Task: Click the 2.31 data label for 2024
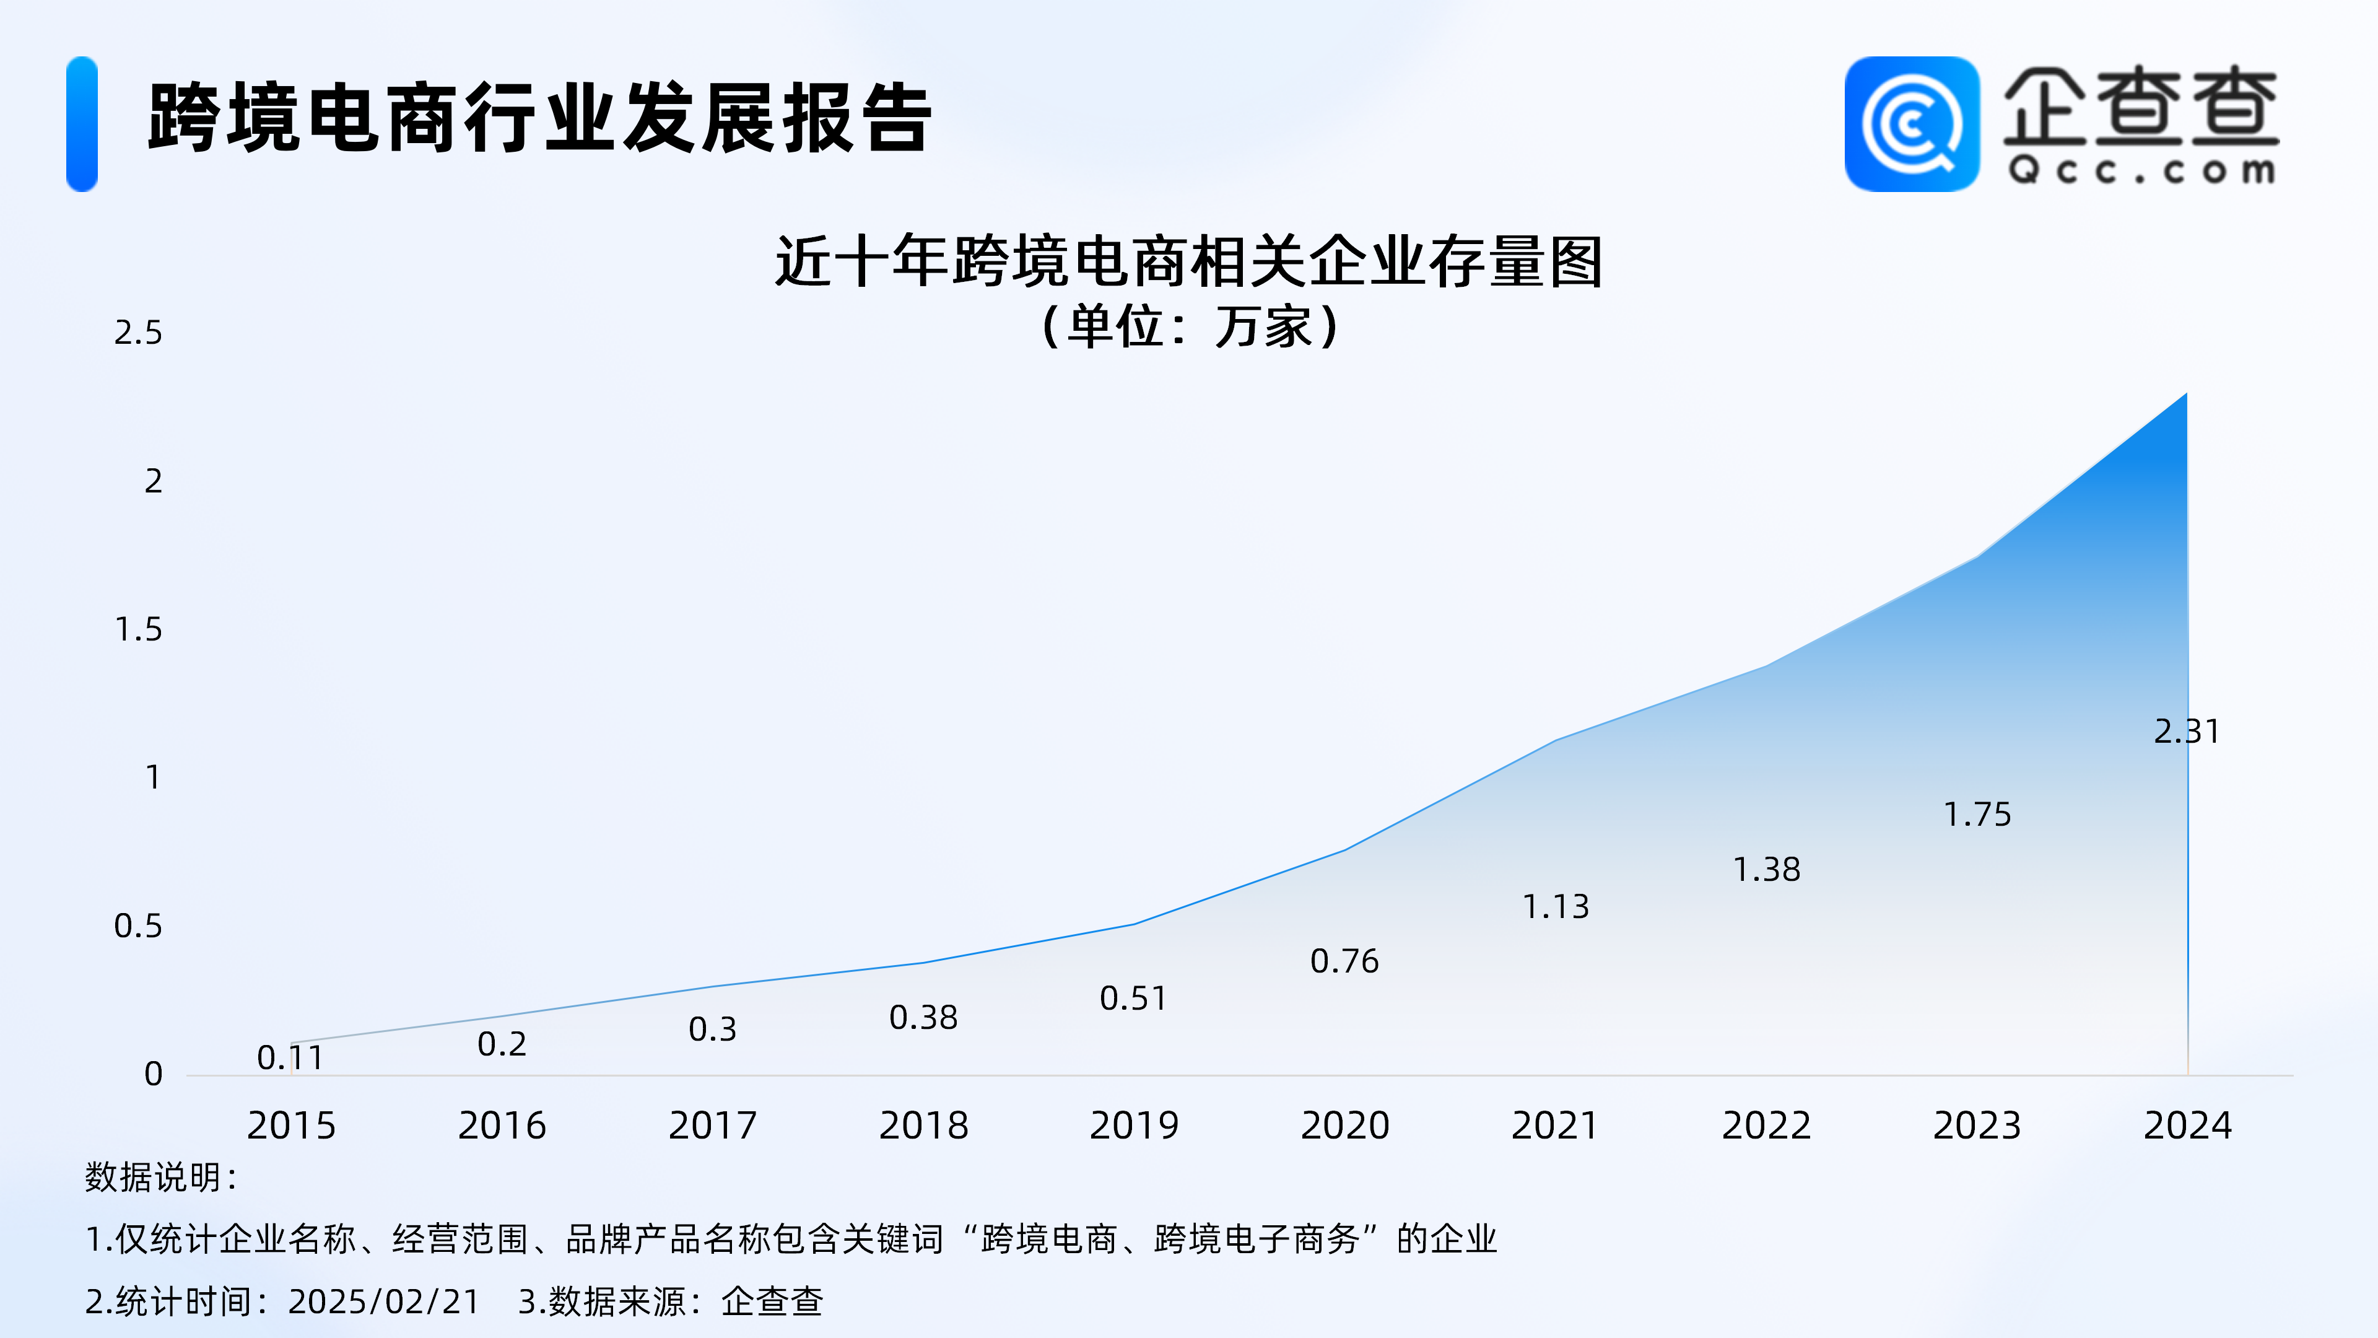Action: (x=2186, y=732)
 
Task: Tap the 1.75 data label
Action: (x=1977, y=815)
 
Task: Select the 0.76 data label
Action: (x=1344, y=961)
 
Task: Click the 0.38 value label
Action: (x=923, y=1018)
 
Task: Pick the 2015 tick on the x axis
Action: (x=291, y=1126)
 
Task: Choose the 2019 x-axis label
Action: (x=1134, y=1126)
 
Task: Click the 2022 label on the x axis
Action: (x=1766, y=1126)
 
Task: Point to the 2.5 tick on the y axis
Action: (x=137, y=333)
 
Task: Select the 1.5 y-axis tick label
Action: (x=137, y=630)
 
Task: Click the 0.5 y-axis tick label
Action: (x=137, y=926)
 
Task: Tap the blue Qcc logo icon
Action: (x=1912, y=124)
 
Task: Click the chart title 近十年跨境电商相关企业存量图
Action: (x=1189, y=261)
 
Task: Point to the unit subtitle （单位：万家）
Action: (x=1189, y=326)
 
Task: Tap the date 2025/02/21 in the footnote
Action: (x=384, y=1302)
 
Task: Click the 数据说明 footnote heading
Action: (x=162, y=1178)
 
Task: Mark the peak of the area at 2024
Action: (x=2186, y=393)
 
